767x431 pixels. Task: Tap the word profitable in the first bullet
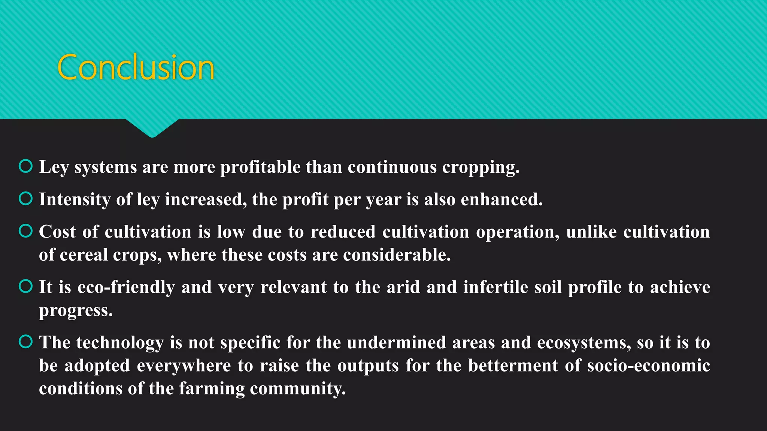pos(260,167)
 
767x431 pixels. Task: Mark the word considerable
pos(397,255)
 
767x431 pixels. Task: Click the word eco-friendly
pos(126,287)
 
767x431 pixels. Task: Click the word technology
pos(120,343)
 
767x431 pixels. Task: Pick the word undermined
pos(396,343)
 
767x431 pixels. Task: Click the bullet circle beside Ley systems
pos(25,166)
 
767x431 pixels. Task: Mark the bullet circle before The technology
pos(25,342)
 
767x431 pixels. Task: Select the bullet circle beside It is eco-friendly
pos(25,286)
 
